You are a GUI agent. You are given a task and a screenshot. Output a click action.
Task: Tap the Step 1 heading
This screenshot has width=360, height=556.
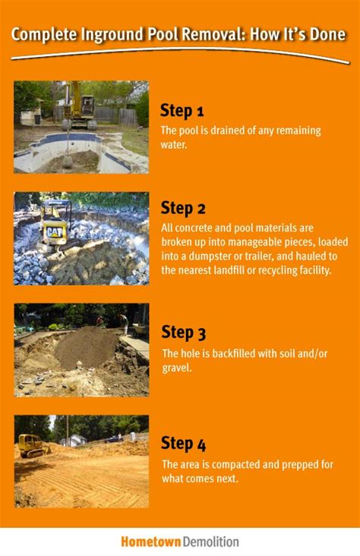[182, 111]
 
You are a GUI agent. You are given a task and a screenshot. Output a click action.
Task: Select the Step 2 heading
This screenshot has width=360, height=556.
[183, 208]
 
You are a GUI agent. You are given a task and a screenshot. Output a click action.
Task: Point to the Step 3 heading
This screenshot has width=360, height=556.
[183, 333]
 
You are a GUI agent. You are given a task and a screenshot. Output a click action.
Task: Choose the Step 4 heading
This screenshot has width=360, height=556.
[183, 444]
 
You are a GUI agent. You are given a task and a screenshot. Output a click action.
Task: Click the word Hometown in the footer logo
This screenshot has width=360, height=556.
[151, 542]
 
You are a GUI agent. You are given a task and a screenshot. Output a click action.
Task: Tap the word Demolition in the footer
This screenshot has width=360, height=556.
[210, 542]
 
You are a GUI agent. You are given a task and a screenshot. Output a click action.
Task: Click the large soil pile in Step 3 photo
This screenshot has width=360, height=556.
[86, 348]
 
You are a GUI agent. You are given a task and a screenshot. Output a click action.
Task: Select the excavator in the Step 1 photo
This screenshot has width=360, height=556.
[79, 106]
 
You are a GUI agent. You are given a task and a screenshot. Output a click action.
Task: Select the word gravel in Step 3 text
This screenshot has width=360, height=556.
[176, 368]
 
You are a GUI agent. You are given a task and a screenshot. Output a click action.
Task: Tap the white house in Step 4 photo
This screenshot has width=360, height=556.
[74, 440]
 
